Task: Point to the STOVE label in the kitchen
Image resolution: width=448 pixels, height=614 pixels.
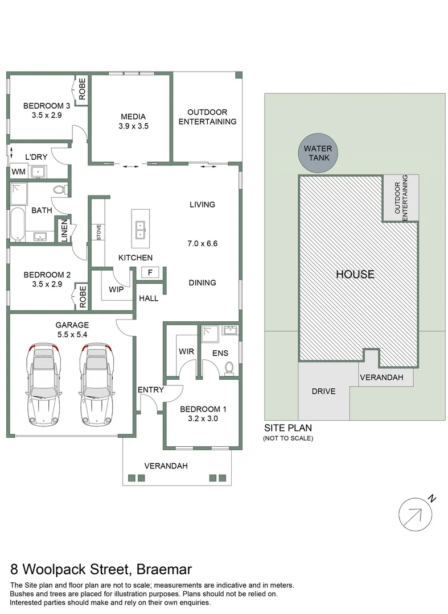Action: coord(98,233)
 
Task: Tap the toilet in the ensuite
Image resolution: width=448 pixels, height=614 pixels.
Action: coord(230,368)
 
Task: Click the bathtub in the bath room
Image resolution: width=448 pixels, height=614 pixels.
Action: coord(17,225)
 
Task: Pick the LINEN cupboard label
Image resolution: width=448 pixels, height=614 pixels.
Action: coord(64,231)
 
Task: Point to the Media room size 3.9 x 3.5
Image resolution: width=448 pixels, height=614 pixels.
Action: coord(133,127)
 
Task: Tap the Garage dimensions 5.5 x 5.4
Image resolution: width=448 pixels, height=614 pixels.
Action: coord(71,334)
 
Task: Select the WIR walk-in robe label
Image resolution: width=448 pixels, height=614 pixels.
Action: coord(187,351)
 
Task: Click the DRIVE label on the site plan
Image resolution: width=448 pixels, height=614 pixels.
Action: coord(323,391)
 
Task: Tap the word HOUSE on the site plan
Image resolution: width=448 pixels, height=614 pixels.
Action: coord(355,274)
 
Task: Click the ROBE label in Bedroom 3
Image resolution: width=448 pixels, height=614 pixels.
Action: coord(82,90)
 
